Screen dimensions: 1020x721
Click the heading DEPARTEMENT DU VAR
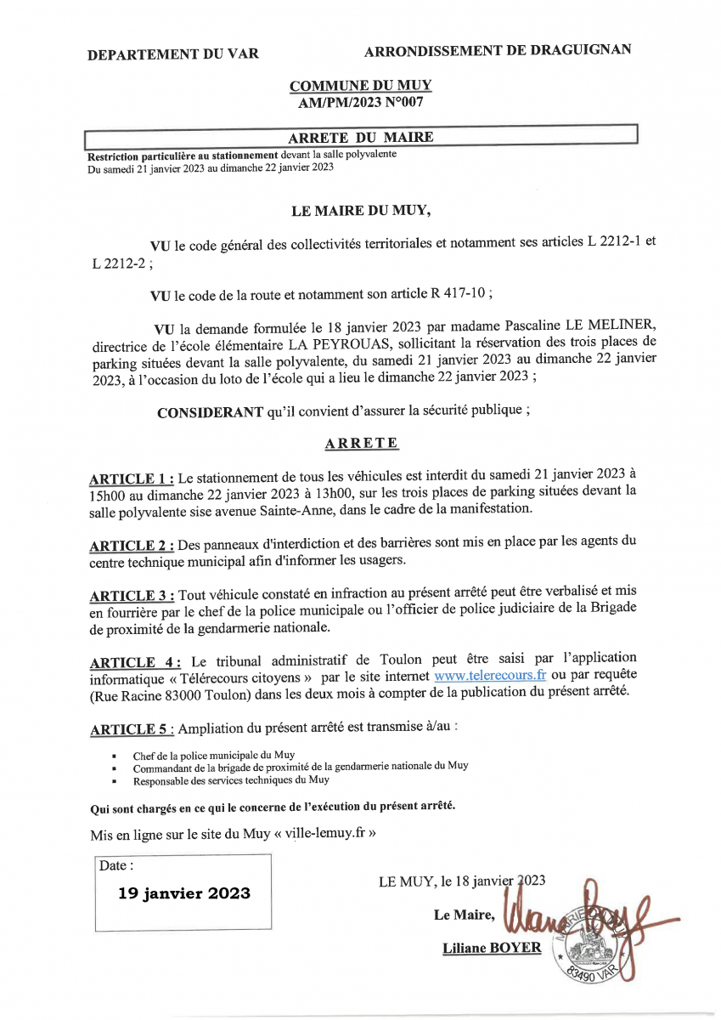click(x=173, y=54)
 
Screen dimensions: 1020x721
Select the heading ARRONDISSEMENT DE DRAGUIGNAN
click(x=497, y=50)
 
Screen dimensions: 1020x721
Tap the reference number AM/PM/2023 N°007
click(x=360, y=102)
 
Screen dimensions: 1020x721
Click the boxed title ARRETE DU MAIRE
click(x=360, y=137)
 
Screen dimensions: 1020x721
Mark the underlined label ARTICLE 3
click(x=132, y=596)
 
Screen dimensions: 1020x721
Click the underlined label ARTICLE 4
click(x=134, y=662)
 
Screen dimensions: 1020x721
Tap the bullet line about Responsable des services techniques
click(x=231, y=779)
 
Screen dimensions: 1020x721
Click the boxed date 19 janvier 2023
click(x=184, y=892)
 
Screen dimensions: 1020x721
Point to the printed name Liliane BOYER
click(x=492, y=947)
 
